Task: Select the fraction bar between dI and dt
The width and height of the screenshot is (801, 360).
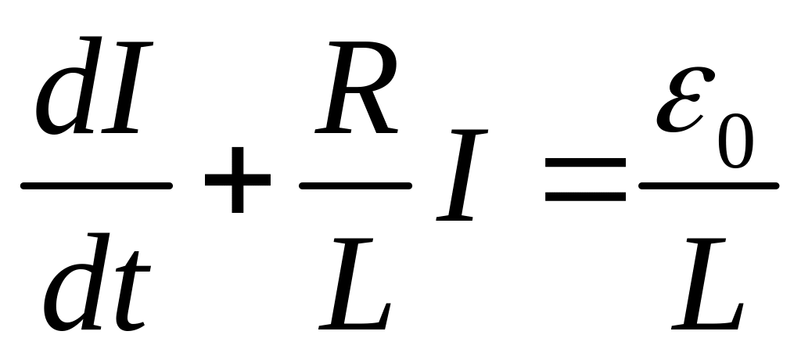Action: click(95, 186)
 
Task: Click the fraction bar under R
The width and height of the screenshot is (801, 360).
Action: click(355, 186)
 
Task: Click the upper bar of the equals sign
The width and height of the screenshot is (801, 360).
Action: click(585, 163)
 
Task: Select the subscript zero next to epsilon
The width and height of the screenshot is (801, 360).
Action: click(735, 142)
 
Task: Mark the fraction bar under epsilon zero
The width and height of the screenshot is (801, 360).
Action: click(709, 186)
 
